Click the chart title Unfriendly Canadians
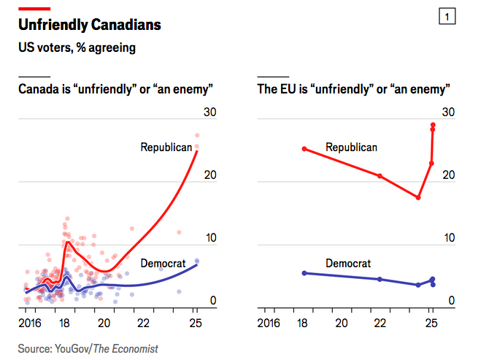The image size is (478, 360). (x=90, y=26)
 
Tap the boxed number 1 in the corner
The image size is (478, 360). (x=447, y=17)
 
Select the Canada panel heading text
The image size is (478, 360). (x=115, y=90)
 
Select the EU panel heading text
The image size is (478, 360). (x=353, y=90)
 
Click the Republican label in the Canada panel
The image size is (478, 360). (x=166, y=148)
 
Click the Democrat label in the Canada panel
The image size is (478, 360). (x=162, y=263)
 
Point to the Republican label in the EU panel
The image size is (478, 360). (x=351, y=148)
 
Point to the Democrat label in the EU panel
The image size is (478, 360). (x=348, y=264)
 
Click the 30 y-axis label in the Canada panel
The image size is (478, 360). (x=210, y=112)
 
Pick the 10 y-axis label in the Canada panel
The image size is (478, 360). (x=210, y=238)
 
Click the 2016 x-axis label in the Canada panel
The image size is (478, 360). (x=30, y=323)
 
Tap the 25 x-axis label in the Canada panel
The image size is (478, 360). (x=195, y=323)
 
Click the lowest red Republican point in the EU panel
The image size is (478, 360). (x=418, y=197)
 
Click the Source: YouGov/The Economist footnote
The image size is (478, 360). (x=88, y=349)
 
